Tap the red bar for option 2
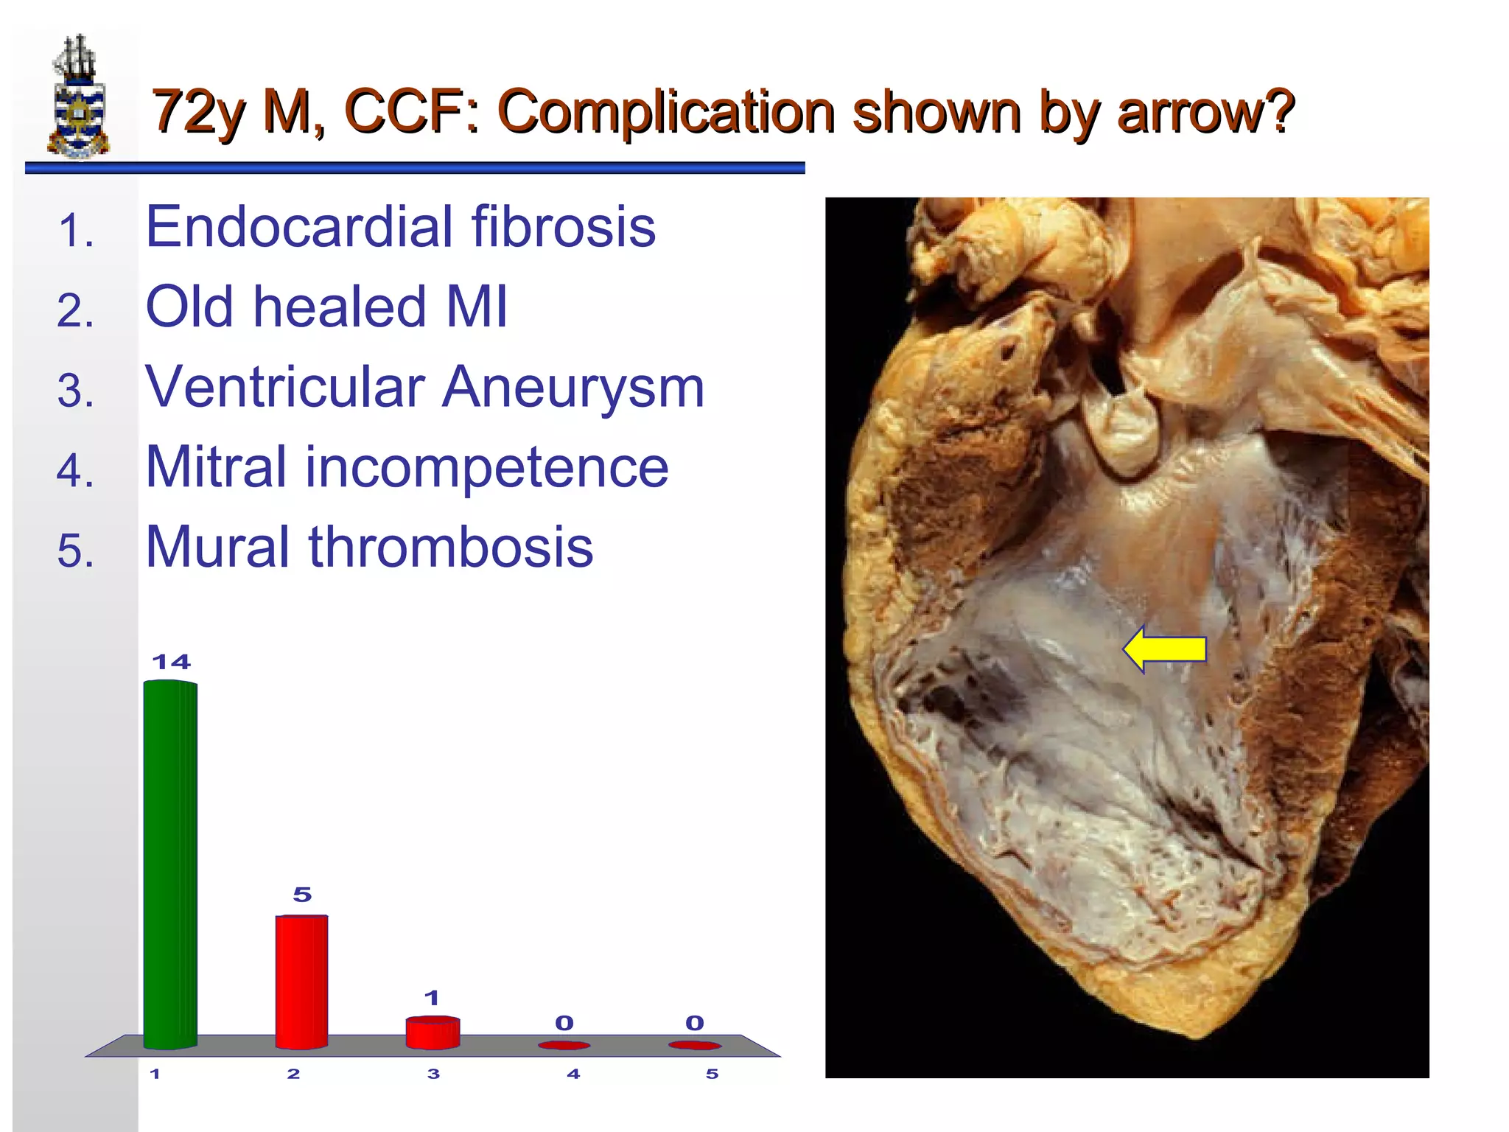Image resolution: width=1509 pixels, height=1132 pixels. click(301, 981)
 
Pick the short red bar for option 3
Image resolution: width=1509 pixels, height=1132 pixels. click(433, 1032)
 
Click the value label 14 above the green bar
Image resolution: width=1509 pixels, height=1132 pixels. click(171, 662)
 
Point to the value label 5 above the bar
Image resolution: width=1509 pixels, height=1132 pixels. click(302, 895)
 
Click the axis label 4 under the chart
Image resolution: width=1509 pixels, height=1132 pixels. click(573, 1074)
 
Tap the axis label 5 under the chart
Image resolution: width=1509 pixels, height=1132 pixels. click(712, 1074)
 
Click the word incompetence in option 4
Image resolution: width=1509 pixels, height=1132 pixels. click(486, 467)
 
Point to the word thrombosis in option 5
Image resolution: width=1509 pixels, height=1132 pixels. click(450, 547)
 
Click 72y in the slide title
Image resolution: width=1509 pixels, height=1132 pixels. click(199, 112)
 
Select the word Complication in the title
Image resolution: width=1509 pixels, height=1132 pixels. click(666, 112)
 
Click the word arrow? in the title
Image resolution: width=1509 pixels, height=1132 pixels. click(1205, 112)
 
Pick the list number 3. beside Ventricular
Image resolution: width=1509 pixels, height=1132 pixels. click(76, 391)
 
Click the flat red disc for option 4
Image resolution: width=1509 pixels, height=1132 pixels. click(564, 1045)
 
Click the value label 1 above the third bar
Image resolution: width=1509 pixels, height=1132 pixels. click(432, 998)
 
